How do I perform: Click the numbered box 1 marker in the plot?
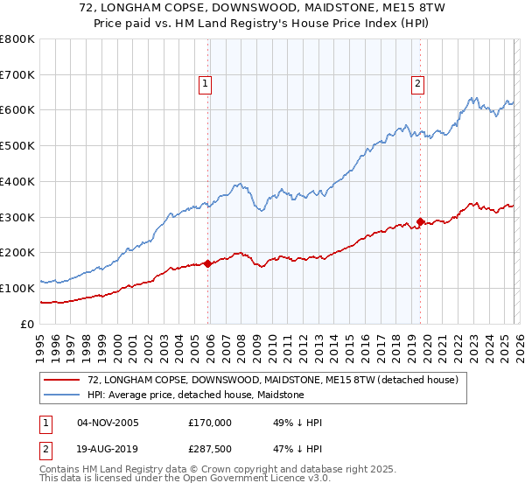click(205, 84)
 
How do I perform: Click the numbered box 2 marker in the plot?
click(417, 84)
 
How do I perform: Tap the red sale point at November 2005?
click(207, 262)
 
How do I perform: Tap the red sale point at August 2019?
click(420, 221)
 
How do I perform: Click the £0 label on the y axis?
click(26, 324)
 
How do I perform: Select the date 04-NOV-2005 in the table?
click(108, 423)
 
